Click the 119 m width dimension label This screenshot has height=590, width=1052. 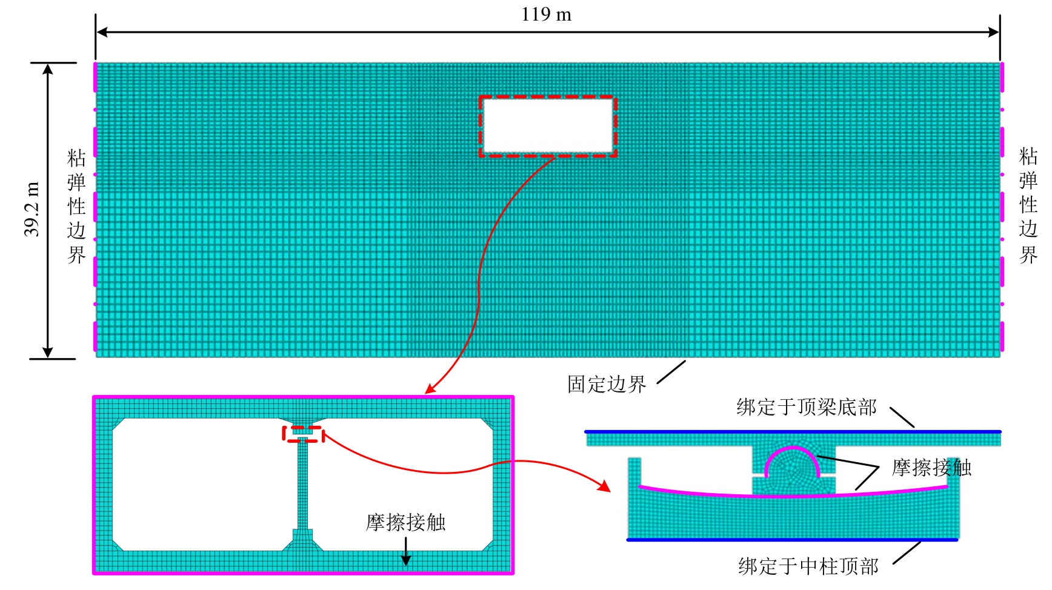[x=546, y=15]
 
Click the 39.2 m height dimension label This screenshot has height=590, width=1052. [x=32, y=209]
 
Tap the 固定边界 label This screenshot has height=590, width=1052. [x=607, y=384]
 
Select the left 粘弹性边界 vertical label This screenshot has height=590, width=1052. [x=76, y=207]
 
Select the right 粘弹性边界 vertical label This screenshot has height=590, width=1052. [x=1028, y=205]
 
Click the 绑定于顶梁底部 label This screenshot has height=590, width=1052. [x=807, y=407]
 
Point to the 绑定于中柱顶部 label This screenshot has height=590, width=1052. [x=808, y=566]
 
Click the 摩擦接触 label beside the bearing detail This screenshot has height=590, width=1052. [x=931, y=468]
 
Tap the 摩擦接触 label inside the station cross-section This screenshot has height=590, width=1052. [x=405, y=522]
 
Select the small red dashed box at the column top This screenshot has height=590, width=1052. [x=303, y=434]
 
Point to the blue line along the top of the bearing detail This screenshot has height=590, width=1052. [x=793, y=432]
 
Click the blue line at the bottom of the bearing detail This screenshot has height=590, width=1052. [x=792, y=540]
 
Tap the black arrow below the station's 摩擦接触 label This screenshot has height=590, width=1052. [x=406, y=551]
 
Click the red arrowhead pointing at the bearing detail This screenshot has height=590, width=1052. [x=604, y=486]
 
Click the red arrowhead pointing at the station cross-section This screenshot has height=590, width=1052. [x=430, y=389]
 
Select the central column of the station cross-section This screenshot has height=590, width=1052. [x=302, y=485]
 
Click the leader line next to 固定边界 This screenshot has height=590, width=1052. [x=671, y=372]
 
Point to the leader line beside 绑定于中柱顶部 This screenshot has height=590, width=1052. [x=907, y=552]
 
